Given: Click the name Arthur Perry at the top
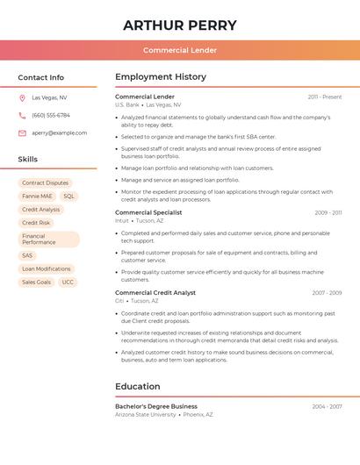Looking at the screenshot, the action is point(180,25).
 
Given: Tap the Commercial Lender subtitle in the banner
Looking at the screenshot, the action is point(180,50).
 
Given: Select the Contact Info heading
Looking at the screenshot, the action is point(41,77).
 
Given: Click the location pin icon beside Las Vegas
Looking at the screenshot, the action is point(22,98).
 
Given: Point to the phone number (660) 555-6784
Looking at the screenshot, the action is point(51,115).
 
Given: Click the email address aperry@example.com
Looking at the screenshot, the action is point(60,132).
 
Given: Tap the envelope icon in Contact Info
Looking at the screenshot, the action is point(22,133).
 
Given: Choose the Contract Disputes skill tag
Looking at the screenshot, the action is point(45,182).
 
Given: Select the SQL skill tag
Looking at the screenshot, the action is point(68,197).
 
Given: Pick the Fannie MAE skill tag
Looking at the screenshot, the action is point(37,197).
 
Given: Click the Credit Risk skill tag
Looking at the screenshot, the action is point(36,223).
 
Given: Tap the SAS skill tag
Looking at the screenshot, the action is point(27,255).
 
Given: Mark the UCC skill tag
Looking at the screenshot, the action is point(68,283).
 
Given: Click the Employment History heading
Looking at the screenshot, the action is point(161,77).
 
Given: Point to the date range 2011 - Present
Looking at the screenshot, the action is point(324,97).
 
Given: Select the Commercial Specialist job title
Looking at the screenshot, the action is point(148,212).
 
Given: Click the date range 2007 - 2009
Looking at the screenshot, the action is point(327,293).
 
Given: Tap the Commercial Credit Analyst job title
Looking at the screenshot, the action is point(155,293).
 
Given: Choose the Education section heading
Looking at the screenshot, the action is point(138,387).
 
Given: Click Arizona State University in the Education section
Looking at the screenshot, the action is point(146,414).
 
